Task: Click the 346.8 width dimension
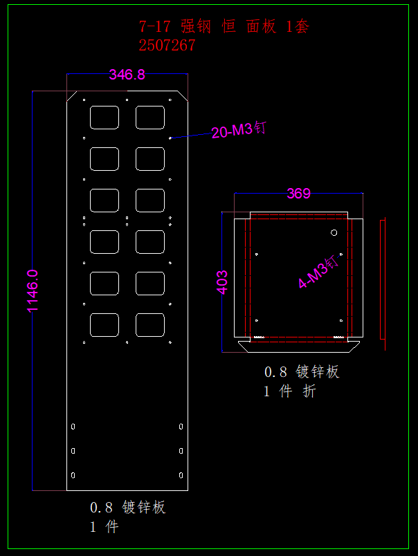click(x=127, y=75)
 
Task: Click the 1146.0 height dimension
click(x=33, y=290)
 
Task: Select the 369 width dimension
click(x=299, y=194)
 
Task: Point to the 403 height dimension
click(x=223, y=282)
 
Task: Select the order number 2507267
click(x=167, y=46)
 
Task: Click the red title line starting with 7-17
click(x=224, y=27)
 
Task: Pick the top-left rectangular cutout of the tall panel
click(x=104, y=117)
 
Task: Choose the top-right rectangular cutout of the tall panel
click(x=150, y=117)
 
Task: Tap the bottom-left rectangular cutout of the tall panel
click(x=104, y=325)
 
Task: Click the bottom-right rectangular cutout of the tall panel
click(x=150, y=325)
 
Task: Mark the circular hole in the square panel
click(x=334, y=232)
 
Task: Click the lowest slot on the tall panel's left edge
click(x=73, y=475)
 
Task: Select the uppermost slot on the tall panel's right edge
click(x=181, y=427)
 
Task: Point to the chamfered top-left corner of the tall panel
click(x=73, y=96)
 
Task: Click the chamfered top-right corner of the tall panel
click(x=182, y=96)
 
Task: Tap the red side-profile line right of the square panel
click(x=383, y=278)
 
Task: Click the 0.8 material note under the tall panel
click(x=128, y=508)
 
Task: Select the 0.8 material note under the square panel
click(x=302, y=372)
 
